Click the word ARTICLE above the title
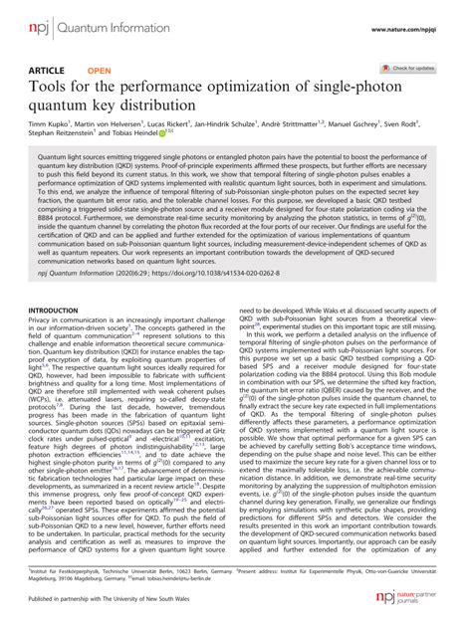tap(49, 71)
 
